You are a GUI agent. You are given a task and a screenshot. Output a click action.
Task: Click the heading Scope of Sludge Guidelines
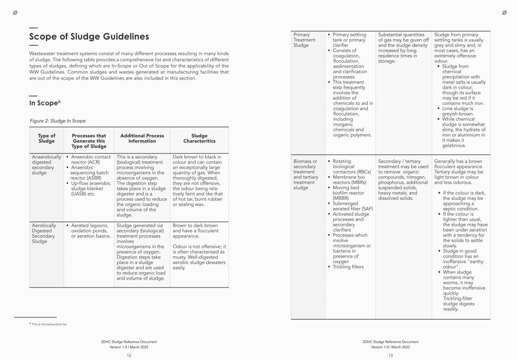pos(89,36)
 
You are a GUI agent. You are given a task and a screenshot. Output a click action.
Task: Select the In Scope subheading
pos(44,103)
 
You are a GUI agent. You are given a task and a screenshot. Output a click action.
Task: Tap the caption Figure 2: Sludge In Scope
pos(58,121)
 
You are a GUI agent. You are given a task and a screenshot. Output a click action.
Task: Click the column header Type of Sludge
pos(47,138)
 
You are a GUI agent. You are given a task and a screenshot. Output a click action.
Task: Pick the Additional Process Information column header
pos(142,138)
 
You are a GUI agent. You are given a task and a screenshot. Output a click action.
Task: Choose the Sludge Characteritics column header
pos(199,138)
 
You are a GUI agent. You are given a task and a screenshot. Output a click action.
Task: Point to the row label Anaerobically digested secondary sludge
pos(46,165)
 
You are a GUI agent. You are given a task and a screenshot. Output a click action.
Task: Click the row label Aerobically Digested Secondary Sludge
pos(43,233)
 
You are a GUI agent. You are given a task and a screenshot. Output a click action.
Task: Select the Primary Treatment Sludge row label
pos(304,40)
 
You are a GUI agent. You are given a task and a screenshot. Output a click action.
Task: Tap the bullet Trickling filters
pos(348,267)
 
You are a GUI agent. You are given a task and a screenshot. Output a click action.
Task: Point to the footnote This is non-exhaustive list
pos(49,324)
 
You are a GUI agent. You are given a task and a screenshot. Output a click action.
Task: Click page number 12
pos(129,356)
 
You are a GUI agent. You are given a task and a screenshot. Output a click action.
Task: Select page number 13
pos(390,356)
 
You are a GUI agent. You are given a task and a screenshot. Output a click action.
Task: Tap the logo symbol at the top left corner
pos(15,13)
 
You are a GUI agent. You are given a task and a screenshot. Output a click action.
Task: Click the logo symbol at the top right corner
pos(504,13)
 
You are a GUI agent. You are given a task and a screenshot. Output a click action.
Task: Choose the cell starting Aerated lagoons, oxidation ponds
pos(90,231)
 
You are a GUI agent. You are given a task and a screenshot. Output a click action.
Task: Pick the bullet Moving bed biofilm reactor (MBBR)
pos(348,193)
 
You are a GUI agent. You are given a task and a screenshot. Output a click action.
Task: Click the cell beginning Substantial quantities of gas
pos(403,48)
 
